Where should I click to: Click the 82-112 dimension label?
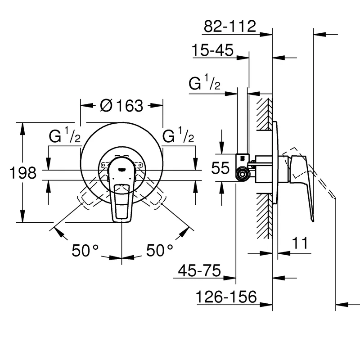pyautogui.click(x=230, y=26)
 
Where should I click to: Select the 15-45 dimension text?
pyautogui.click(x=212, y=50)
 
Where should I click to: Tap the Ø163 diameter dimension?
pyautogui.click(x=121, y=106)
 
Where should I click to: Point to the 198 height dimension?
pyautogui.click(x=23, y=173)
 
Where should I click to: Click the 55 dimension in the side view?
pyautogui.click(x=220, y=168)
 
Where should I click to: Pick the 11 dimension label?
pyautogui.click(x=300, y=243)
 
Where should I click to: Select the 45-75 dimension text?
pyautogui.click(x=199, y=270)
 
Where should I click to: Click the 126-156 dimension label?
pyautogui.click(x=226, y=297)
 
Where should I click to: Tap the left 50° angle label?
pyautogui.click(x=85, y=250)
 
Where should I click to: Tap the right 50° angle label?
pyautogui.click(x=160, y=250)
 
